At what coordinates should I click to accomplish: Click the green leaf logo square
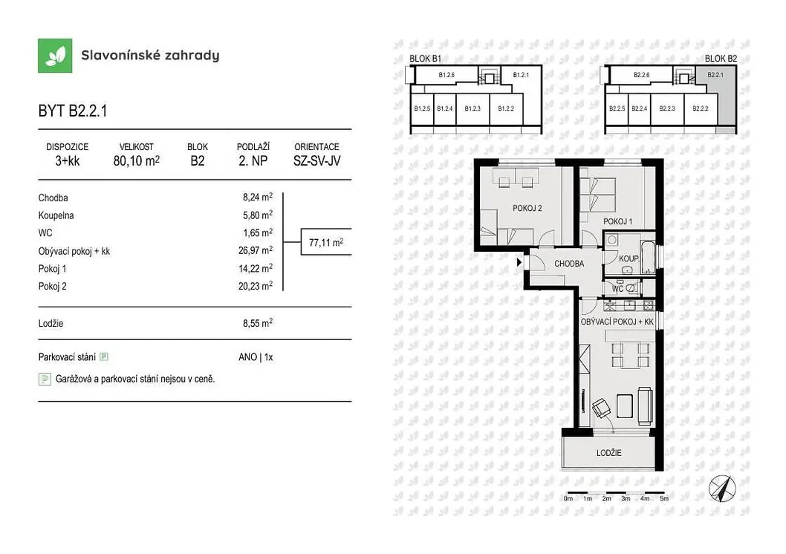[x=55, y=56]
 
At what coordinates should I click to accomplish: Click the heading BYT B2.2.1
[x=73, y=111]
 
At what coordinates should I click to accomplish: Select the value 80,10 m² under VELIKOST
[x=137, y=161]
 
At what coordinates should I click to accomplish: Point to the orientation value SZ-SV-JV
[x=316, y=161]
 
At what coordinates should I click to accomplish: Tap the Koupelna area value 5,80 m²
[x=258, y=215]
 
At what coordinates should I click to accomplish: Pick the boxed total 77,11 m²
[x=326, y=242]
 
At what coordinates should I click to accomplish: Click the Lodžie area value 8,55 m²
[x=258, y=323]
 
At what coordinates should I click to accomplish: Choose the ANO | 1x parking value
[x=256, y=357]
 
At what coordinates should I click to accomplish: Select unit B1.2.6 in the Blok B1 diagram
[x=446, y=75]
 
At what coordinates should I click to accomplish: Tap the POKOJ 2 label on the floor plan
[x=527, y=208]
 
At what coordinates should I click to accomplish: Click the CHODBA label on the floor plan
[x=569, y=264]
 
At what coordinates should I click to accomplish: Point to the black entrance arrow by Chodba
[x=519, y=261]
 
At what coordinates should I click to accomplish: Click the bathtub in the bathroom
[x=648, y=258]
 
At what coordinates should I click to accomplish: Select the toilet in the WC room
[x=631, y=288]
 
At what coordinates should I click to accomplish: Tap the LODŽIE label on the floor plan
[x=608, y=453]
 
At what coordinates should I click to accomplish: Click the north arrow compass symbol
[x=722, y=489]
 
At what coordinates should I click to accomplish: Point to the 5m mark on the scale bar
[x=663, y=498]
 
